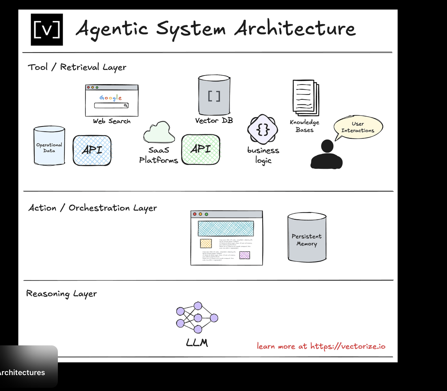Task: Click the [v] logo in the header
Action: [47, 30]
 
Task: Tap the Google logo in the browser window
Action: [111, 98]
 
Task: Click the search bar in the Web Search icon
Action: [111, 106]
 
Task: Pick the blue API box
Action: [92, 150]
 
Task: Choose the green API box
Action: [201, 149]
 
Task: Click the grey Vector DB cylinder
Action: [214, 95]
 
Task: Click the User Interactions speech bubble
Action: [358, 127]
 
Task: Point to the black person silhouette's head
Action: [327, 146]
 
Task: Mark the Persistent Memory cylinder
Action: [307, 237]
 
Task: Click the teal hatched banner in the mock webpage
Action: [226, 228]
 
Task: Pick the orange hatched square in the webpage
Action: [206, 244]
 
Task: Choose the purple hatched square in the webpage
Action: [244, 255]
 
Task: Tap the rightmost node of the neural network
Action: [214, 318]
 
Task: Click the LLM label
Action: [197, 343]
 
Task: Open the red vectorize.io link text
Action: [321, 346]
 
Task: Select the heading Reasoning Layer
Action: [62, 294]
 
